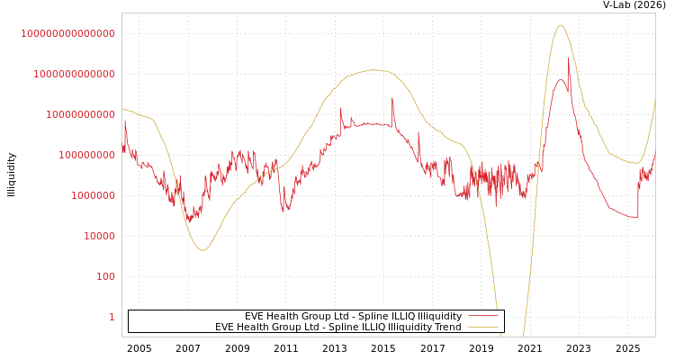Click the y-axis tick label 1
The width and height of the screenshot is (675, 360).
[112, 317]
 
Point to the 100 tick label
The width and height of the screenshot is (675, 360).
[105, 276]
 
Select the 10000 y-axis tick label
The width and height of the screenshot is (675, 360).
[99, 236]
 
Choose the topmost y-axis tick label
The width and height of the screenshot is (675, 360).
[67, 33]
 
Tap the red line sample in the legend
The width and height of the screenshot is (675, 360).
[483, 316]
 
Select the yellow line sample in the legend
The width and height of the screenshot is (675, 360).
[483, 327]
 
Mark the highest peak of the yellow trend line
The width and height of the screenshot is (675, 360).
[561, 25]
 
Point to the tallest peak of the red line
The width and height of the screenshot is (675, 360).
[569, 63]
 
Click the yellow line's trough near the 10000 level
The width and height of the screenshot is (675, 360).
[202, 249]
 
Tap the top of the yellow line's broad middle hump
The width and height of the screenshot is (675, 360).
[374, 70]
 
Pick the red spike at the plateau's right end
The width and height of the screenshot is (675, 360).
[392, 99]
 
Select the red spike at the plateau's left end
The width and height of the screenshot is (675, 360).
[340, 109]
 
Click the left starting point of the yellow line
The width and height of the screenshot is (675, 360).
[122, 109]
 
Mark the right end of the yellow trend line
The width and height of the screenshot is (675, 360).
[655, 100]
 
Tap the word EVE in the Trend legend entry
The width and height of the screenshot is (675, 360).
[224, 327]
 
